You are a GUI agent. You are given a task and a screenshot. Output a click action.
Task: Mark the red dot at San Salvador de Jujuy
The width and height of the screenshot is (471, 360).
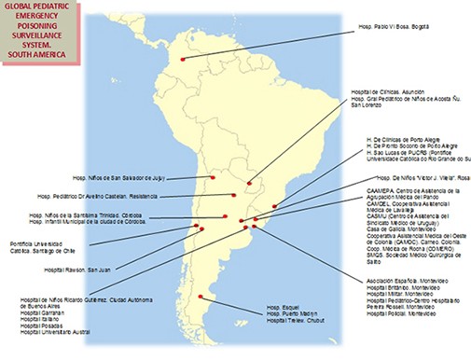pos(213,176)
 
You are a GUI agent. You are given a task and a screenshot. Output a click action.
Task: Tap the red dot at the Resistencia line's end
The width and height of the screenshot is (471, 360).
pos(234,195)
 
